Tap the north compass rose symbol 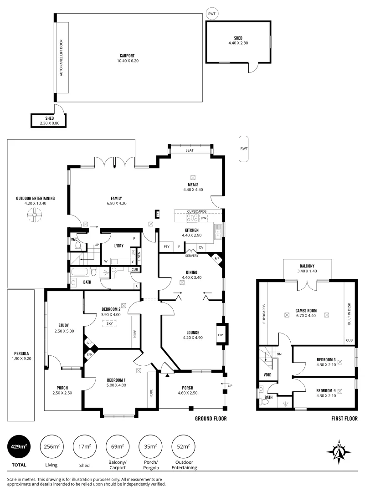[x=339, y=452]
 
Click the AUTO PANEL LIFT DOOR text [x=62, y=58]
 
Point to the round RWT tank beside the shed [x=212, y=14]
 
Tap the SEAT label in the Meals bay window [x=190, y=150]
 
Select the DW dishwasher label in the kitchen [x=204, y=218]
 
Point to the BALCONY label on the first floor [x=307, y=266]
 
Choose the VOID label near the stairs [x=267, y=375]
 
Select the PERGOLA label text [x=21, y=354]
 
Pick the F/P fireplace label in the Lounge [x=221, y=335]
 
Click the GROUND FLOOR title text [x=211, y=419]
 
